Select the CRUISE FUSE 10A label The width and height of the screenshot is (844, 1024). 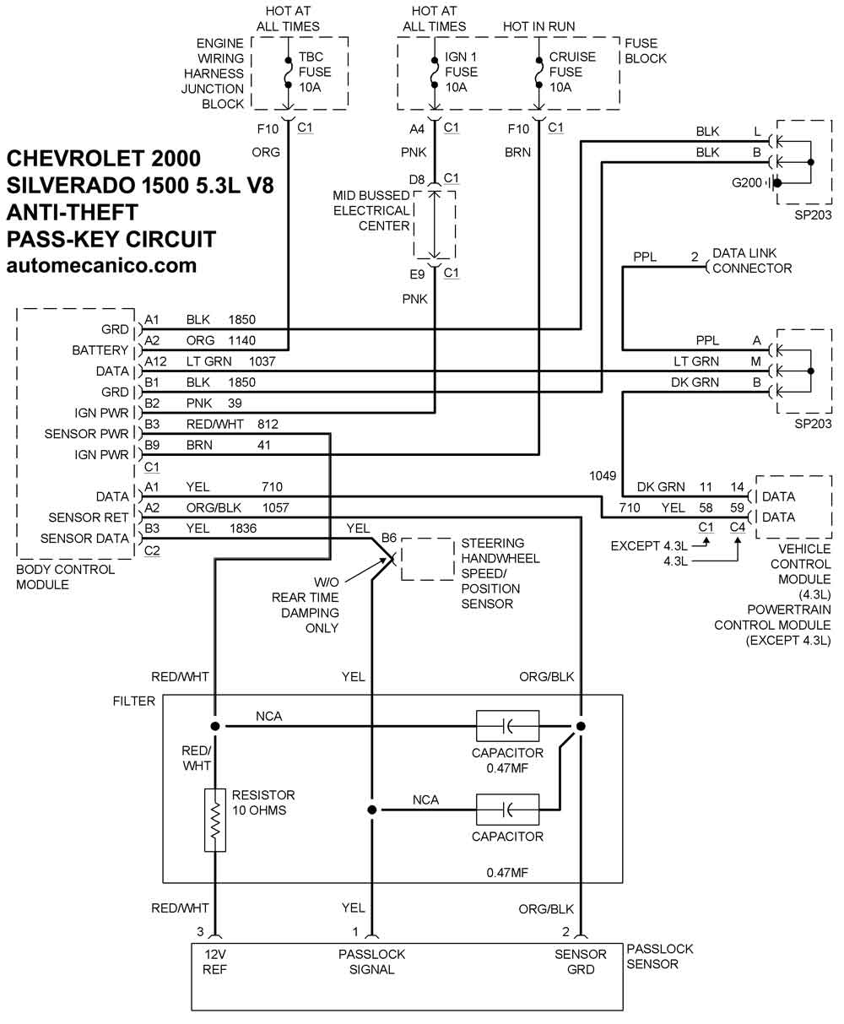point(572,72)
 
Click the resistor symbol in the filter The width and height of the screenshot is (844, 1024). point(215,820)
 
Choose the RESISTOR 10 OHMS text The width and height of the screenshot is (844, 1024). point(263,803)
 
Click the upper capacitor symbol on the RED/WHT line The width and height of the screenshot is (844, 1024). point(507,726)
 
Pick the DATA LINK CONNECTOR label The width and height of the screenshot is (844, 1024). point(752,261)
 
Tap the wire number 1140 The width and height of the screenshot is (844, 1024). point(242,340)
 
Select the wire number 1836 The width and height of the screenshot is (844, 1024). point(242,528)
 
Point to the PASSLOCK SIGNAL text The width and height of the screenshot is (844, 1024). point(371,962)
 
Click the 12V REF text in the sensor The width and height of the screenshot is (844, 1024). point(215,962)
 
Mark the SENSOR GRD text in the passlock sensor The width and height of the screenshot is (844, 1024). point(581,962)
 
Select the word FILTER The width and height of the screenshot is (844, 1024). point(134,702)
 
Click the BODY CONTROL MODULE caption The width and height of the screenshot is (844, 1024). point(66,577)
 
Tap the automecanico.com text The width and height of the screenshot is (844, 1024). point(101,265)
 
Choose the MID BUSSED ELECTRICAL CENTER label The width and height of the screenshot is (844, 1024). point(371,211)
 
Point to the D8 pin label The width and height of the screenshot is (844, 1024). point(417,179)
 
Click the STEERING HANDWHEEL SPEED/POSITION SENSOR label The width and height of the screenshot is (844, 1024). point(500,573)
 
